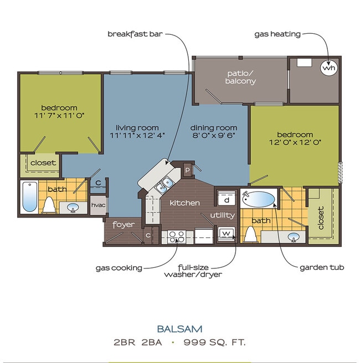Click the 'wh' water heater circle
[x=328, y=69]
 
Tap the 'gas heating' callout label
[x=277, y=34]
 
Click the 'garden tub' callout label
[x=322, y=267]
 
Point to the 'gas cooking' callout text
[x=119, y=268]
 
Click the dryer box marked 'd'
[x=227, y=200]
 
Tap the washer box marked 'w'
[x=227, y=234]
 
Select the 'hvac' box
[x=98, y=205]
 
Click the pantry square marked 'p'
[x=188, y=170]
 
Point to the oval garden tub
[x=259, y=198]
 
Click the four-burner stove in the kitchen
[x=176, y=237]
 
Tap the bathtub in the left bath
[x=29, y=196]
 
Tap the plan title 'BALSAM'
[x=180, y=328]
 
